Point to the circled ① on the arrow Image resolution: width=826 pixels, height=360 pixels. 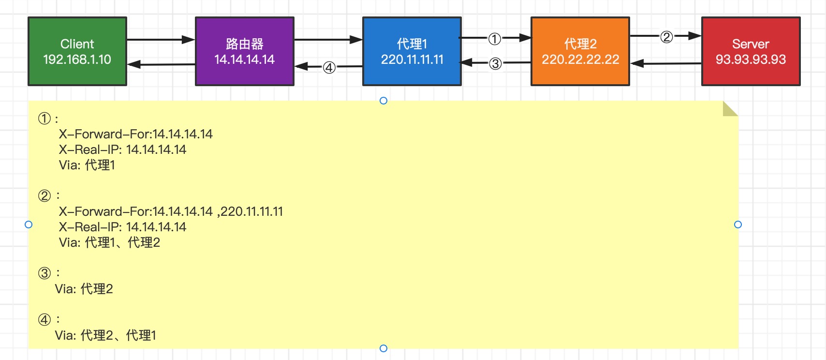pyautogui.click(x=494, y=39)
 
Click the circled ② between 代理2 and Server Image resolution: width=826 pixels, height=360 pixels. pyautogui.click(x=666, y=37)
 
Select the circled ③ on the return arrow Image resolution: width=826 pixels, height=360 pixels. pyautogui.click(x=495, y=63)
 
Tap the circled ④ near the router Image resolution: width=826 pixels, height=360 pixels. pyautogui.click(x=329, y=67)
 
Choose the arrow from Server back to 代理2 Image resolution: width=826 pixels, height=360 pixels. pyautogui.click(x=665, y=63)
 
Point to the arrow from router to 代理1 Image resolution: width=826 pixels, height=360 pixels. pyautogui.click(x=328, y=40)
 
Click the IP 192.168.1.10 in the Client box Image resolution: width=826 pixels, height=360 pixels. pyautogui.click(x=77, y=60)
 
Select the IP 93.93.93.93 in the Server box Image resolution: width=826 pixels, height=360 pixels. pyautogui.click(x=751, y=60)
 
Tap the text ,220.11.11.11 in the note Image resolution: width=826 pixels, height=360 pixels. pyautogui.click(x=251, y=211)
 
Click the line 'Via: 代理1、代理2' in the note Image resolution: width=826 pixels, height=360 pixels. pyautogui.click(x=109, y=242)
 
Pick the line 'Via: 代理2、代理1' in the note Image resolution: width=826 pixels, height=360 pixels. pyautogui.click(x=105, y=335)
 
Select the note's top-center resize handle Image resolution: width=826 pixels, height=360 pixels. pyautogui.click(x=383, y=101)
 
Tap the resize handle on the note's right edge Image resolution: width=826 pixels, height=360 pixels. pyautogui.click(x=738, y=225)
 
